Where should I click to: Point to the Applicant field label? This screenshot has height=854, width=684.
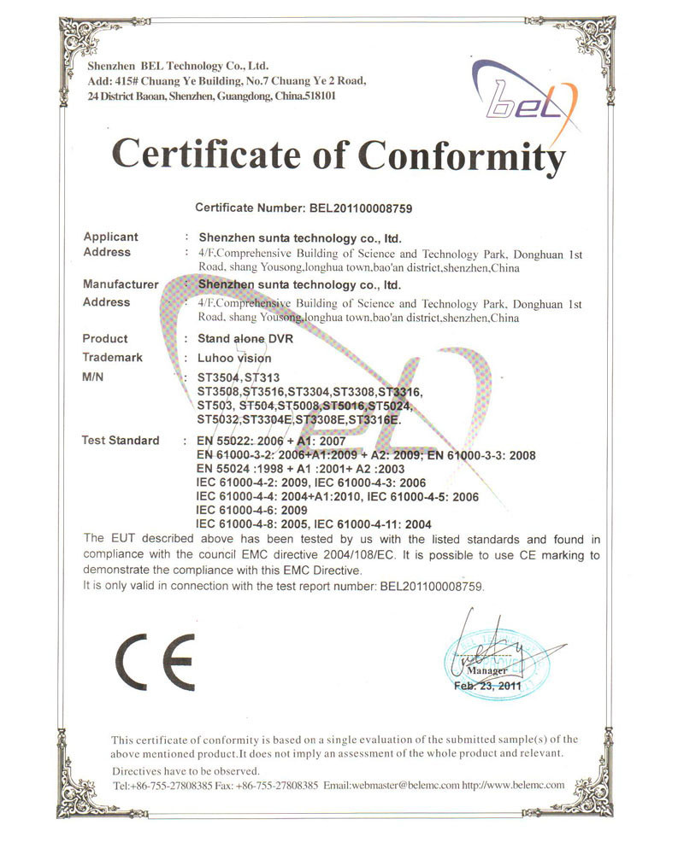pos(110,237)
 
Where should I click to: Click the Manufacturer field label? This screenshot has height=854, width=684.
pos(121,284)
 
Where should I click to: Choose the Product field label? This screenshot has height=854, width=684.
pos(105,338)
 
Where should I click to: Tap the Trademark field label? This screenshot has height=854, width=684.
pos(113,358)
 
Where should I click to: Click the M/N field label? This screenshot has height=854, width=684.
pos(93,377)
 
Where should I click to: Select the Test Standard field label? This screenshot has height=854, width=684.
pos(121,441)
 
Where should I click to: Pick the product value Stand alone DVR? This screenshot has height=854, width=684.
pos(245,338)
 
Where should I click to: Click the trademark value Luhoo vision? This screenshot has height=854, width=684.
pos(233,359)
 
